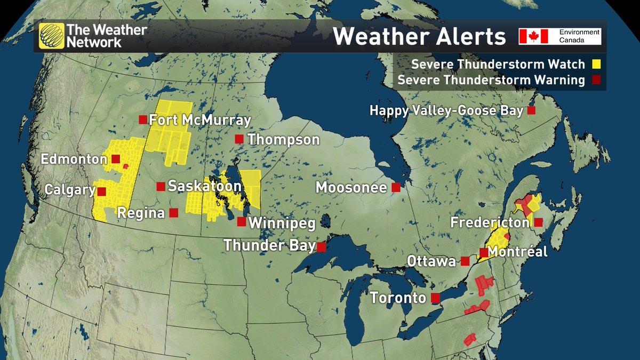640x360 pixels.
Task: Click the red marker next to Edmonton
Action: coord(116,158)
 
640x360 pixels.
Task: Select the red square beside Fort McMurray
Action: coord(142,119)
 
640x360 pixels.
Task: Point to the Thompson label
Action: coord(283,140)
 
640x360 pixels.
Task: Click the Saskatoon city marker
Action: coord(160,186)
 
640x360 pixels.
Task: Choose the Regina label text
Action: coord(141,213)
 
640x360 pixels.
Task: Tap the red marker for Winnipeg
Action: coord(242,221)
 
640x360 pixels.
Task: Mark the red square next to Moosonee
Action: coord(396,187)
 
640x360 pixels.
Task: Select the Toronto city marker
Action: coord(435,297)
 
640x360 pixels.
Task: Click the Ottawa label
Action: coord(431,261)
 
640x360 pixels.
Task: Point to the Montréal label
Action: coord(517,252)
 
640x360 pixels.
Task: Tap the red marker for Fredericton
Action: coord(539,222)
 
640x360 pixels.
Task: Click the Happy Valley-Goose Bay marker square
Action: coord(531,110)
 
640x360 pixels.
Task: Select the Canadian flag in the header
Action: coord(534,36)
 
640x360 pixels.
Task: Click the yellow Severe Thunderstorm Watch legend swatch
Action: coord(595,65)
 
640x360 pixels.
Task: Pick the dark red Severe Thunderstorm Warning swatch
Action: coord(595,81)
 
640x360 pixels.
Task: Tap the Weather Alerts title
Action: coord(419,37)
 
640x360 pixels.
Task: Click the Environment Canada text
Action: coord(579,36)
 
